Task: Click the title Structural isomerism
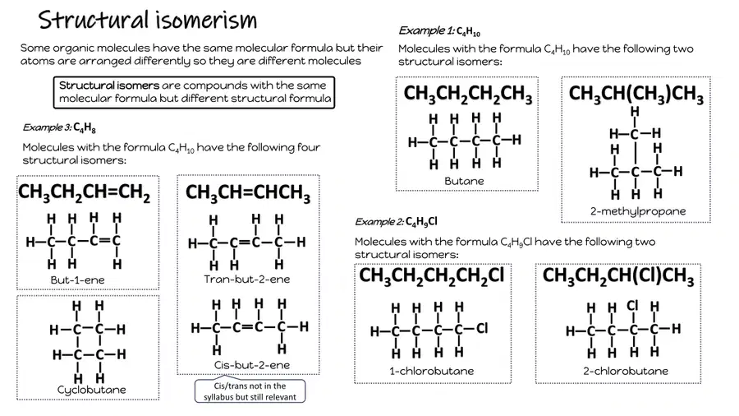point(148,21)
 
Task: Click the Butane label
point(464,181)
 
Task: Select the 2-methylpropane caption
point(638,211)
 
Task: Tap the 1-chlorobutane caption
point(431,371)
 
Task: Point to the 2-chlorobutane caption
point(626,371)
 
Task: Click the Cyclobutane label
point(91,390)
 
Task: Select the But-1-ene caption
point(77,280)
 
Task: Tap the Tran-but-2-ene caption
point(247,280)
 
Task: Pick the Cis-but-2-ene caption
point(252,365)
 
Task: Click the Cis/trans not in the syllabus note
point(250,391)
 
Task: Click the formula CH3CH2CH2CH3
point(468,94)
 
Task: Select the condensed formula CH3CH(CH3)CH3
point(636,94)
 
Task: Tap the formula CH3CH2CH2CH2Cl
point(431,275)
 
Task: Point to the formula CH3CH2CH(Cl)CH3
point(617,276)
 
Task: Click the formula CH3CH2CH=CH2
point(84,193)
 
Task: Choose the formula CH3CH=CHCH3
point(248,193)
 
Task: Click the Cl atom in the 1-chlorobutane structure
point(482,329)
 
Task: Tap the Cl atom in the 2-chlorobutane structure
point(632,306)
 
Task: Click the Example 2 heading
point(396,222)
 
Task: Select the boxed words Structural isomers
point(109,86)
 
